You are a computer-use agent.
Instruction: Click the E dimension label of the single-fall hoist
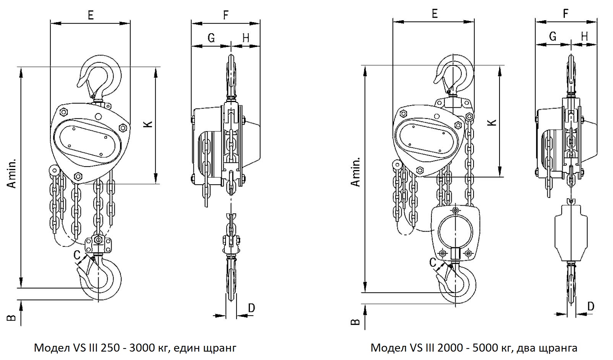(91, 15)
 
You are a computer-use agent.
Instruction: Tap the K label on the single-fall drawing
(148, 124)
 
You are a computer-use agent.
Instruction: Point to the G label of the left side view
(211, 38)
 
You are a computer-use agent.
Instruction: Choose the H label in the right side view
(584, 36)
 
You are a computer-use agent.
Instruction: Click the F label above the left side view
(225, 15)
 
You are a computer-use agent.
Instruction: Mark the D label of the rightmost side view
(591, 306)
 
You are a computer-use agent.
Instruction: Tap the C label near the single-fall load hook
(77, 255)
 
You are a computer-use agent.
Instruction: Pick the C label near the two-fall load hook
(432, 262)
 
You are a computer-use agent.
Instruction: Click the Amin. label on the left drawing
(12, 173)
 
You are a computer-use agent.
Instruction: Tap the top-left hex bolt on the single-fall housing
(63, 112)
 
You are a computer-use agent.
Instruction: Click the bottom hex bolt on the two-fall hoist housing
(420, 170)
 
